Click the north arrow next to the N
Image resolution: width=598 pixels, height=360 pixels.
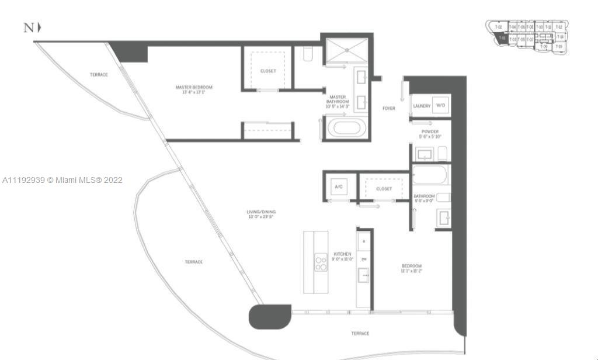pyautogui.click(x=39, y=27)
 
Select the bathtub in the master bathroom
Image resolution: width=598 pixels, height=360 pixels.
pyautogui.click(x=347, y=128)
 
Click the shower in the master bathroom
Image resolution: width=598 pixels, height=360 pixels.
pyautogui.click(x=347, y=50)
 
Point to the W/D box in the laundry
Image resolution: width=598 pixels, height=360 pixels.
pyautogui.click(x=440, y=106)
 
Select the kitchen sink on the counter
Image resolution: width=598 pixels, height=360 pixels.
pyautogui.click(x=364, y=274)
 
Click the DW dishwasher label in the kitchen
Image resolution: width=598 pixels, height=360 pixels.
pyautogui.click(x=364, y=259)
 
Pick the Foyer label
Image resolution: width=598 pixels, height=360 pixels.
pyautogui.click(x=388, y=108)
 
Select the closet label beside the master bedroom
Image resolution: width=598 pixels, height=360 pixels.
pyautogui.click(x=268, y=71)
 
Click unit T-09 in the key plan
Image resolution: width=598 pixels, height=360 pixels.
pyautogui.click(x=543, y=46)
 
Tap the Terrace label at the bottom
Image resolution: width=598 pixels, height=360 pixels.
pyautogui.click(x=360, y=333)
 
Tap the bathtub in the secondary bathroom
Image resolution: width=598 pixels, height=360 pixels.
pyautogui.click(x=430, y=175)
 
